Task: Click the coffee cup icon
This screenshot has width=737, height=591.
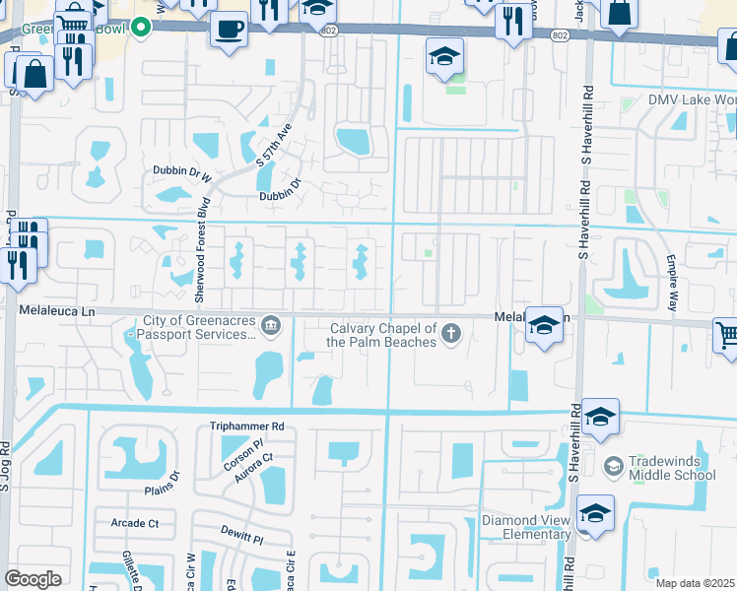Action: tap(230, 28)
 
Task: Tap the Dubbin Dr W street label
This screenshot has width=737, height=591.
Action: tap(182, 170)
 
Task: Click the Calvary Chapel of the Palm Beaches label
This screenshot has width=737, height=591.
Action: tap(382, 335)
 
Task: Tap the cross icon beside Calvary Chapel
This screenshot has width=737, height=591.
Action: tap(451, 333)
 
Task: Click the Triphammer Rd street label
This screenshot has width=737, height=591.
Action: tap(246, 427)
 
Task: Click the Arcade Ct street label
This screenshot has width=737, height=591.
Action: tap(135, 523)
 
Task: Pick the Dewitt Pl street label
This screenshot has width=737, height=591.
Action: tap(243, 540)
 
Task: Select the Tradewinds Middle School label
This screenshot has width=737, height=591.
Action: tap(671, 468)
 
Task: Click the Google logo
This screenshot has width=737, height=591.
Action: tap(33, 579)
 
